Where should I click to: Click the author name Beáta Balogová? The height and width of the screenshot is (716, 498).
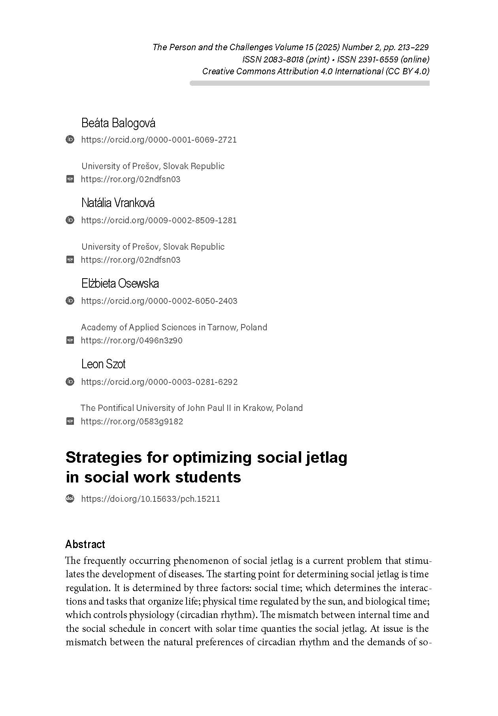(x=118, y=123)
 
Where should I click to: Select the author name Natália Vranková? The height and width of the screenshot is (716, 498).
(x=118, y=203)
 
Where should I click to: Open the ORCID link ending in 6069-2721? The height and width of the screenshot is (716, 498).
(x=159, y=139)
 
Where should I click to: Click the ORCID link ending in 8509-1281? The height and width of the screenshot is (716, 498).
(x=159, y=220)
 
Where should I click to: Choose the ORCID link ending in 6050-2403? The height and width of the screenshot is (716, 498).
(x=159, y=301)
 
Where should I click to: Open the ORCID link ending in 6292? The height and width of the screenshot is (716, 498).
(x=159, y=382)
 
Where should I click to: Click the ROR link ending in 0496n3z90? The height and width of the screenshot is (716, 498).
(x=132, y=340)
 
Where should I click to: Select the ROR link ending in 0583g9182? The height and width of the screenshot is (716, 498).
(x=132, y=421)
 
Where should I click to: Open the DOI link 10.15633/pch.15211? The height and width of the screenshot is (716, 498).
(x=151, y=499)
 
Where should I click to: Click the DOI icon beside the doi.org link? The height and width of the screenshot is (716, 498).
(x=70, y=499)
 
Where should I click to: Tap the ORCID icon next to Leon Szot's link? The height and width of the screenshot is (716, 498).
(x=70, y=381)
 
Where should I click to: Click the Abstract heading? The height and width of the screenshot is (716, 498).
(x=85, y=544)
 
